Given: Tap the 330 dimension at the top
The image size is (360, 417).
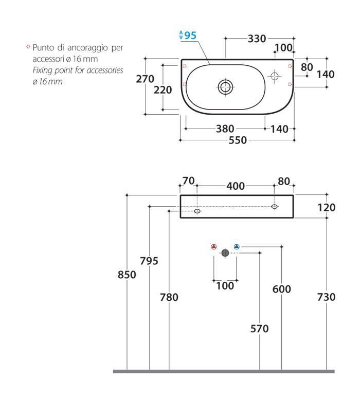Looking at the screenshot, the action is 257,39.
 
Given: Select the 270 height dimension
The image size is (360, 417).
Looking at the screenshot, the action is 145,79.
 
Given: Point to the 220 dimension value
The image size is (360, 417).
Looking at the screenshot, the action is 163,90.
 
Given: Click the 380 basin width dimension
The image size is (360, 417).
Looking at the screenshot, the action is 225,129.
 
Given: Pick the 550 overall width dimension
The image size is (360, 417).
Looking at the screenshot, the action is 238,140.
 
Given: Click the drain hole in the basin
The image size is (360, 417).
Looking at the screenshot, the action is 225,87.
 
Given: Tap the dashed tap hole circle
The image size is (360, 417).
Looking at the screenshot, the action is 274,76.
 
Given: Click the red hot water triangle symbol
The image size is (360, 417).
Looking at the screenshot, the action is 213,247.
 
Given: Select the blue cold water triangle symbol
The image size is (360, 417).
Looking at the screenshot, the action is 237,247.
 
